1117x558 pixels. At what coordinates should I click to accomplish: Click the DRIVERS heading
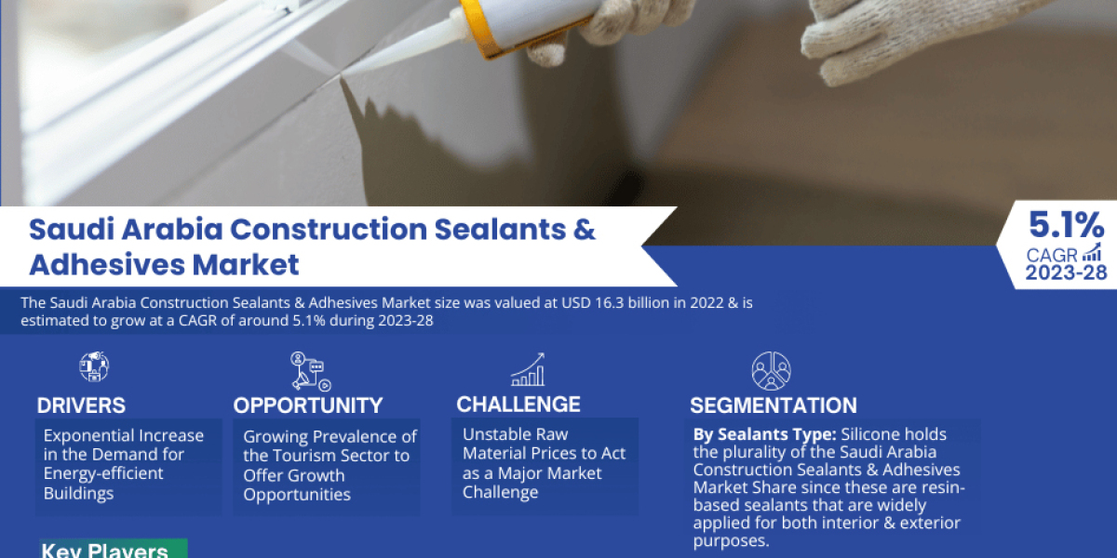tap(81, 405)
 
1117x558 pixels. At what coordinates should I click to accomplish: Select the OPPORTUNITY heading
tap(308, 405)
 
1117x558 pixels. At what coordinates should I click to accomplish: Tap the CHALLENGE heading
tap(518, 405)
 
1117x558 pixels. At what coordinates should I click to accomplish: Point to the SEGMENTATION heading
tap(774, 405)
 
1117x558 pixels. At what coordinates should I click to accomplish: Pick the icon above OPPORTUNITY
tap(308, 370)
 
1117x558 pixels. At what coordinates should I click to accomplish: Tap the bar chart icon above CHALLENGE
tap(528, 369)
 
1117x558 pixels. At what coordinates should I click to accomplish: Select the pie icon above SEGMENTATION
tap(771, 371)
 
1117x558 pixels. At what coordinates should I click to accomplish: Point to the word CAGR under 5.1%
tap(1052, 254)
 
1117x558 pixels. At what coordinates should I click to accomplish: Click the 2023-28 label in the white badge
tap(1064, 272)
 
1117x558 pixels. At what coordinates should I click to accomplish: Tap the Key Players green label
tap(104, 550)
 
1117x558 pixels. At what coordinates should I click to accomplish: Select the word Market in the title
tap(246, 264)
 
